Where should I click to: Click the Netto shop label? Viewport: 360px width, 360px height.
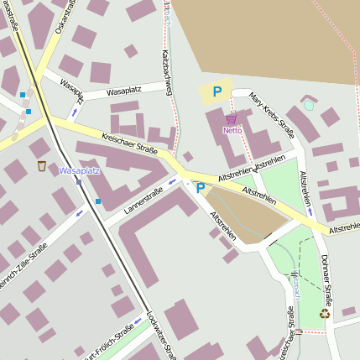point(232,131)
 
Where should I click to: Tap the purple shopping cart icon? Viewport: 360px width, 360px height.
point(231,119)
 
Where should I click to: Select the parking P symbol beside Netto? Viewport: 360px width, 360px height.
point(217,92)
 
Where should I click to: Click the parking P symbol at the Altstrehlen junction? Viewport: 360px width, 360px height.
point(200,188)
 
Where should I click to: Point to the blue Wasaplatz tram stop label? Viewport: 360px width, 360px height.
point(80,170)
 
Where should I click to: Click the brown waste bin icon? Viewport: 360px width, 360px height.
point(42,165)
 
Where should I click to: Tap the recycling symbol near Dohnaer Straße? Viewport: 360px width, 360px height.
point(325,314)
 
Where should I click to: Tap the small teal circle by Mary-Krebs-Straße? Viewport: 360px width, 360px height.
point(309,105)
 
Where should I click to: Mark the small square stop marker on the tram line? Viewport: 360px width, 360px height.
point(78,180)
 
